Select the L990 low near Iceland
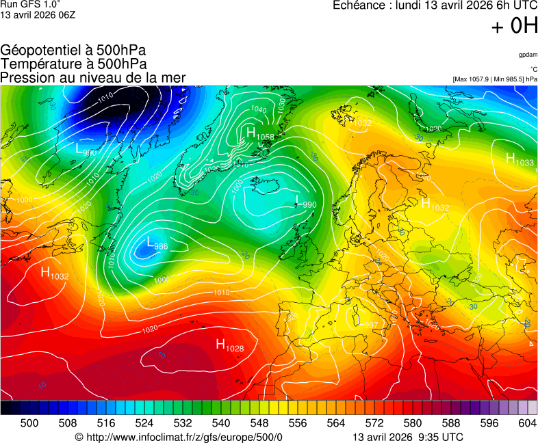tap(305, 202)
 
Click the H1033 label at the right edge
tap(520, 160)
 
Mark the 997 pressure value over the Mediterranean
tap(370, 325)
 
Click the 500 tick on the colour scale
tap(29, 424)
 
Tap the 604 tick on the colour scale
tap(527, 424)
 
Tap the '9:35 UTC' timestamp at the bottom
tap(439, 438)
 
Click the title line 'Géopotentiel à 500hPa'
tap(73, 51)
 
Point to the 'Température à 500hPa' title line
tap(73, 64)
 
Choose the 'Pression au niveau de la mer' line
tap(93, 78)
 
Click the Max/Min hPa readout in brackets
tap(495, 80)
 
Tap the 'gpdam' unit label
tap(528, 54)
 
